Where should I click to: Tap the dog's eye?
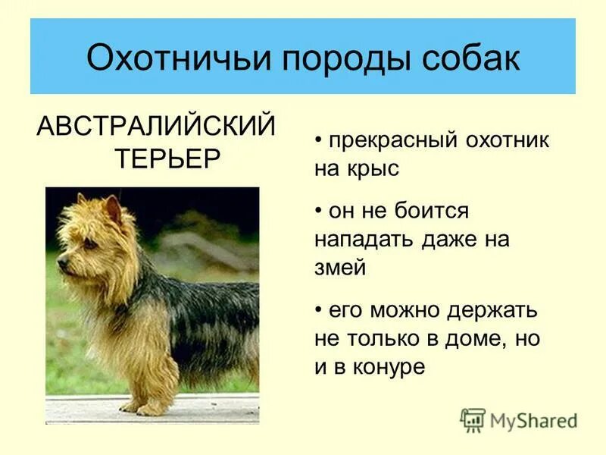point(89,244)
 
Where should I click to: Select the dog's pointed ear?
point(113,209)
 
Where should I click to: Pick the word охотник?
point(501,142)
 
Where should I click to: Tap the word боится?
point(431,212)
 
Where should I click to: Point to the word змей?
point(340,268)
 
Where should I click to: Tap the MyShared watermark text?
point(534,420)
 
